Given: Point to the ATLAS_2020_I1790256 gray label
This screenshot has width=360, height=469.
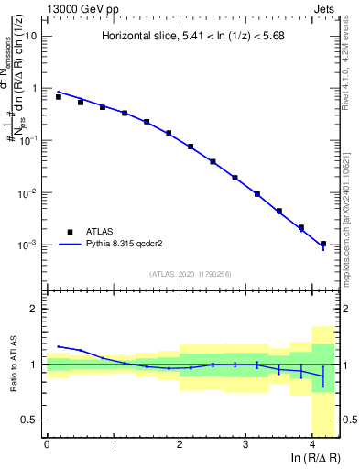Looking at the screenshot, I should click(190, 274).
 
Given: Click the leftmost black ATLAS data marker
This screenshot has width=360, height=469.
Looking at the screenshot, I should click(59, 96).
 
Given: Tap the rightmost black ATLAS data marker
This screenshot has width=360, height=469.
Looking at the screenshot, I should click(322, 244).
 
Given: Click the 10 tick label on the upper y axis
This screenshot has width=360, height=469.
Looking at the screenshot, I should click(31, 37).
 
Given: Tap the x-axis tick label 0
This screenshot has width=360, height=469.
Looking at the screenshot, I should click(47, 445).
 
